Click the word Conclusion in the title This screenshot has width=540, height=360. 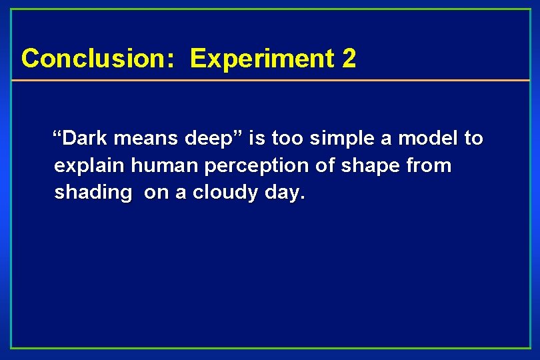(x=93, y=59)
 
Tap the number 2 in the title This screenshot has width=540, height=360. (x=349, y=59)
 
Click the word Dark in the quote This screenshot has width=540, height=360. (x=86, y=139)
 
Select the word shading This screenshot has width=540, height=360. (x=93, y=193)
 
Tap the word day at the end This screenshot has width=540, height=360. (x=284, y=193)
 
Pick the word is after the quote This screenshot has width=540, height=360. (x=256, y=139)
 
